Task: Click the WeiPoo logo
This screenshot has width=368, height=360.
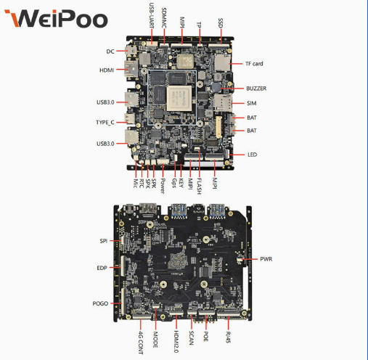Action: click(56, 18)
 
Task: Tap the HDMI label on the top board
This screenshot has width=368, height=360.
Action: click(107, 70)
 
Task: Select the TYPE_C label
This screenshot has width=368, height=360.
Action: click(105, 122)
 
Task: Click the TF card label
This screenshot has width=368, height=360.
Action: click(254, 64)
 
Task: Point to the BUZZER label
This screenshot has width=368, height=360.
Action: click(256, 89)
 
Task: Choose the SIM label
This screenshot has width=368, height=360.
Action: click(252, 103)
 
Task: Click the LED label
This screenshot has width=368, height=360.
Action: click(252, 155)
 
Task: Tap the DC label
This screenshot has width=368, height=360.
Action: click(110, 52)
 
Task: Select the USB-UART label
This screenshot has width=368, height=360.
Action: click(152, 15)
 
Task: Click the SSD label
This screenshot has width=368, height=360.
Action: click(220, 22)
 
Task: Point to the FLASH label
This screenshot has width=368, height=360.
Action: click(199, 187)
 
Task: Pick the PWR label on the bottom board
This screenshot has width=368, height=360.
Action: click(266, 259)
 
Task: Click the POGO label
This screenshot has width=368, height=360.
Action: click(100, 303)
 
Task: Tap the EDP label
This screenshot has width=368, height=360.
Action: click(102, 268)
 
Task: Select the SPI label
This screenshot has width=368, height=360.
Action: click(104, 241)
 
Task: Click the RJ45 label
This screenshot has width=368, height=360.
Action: click(228, 337)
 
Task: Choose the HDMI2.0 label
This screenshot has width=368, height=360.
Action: click(176, 342)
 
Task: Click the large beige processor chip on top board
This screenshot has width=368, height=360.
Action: click(179, 98)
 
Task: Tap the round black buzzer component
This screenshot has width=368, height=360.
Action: click(215, 87)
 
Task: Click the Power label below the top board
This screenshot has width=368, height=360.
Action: click(163, 186)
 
